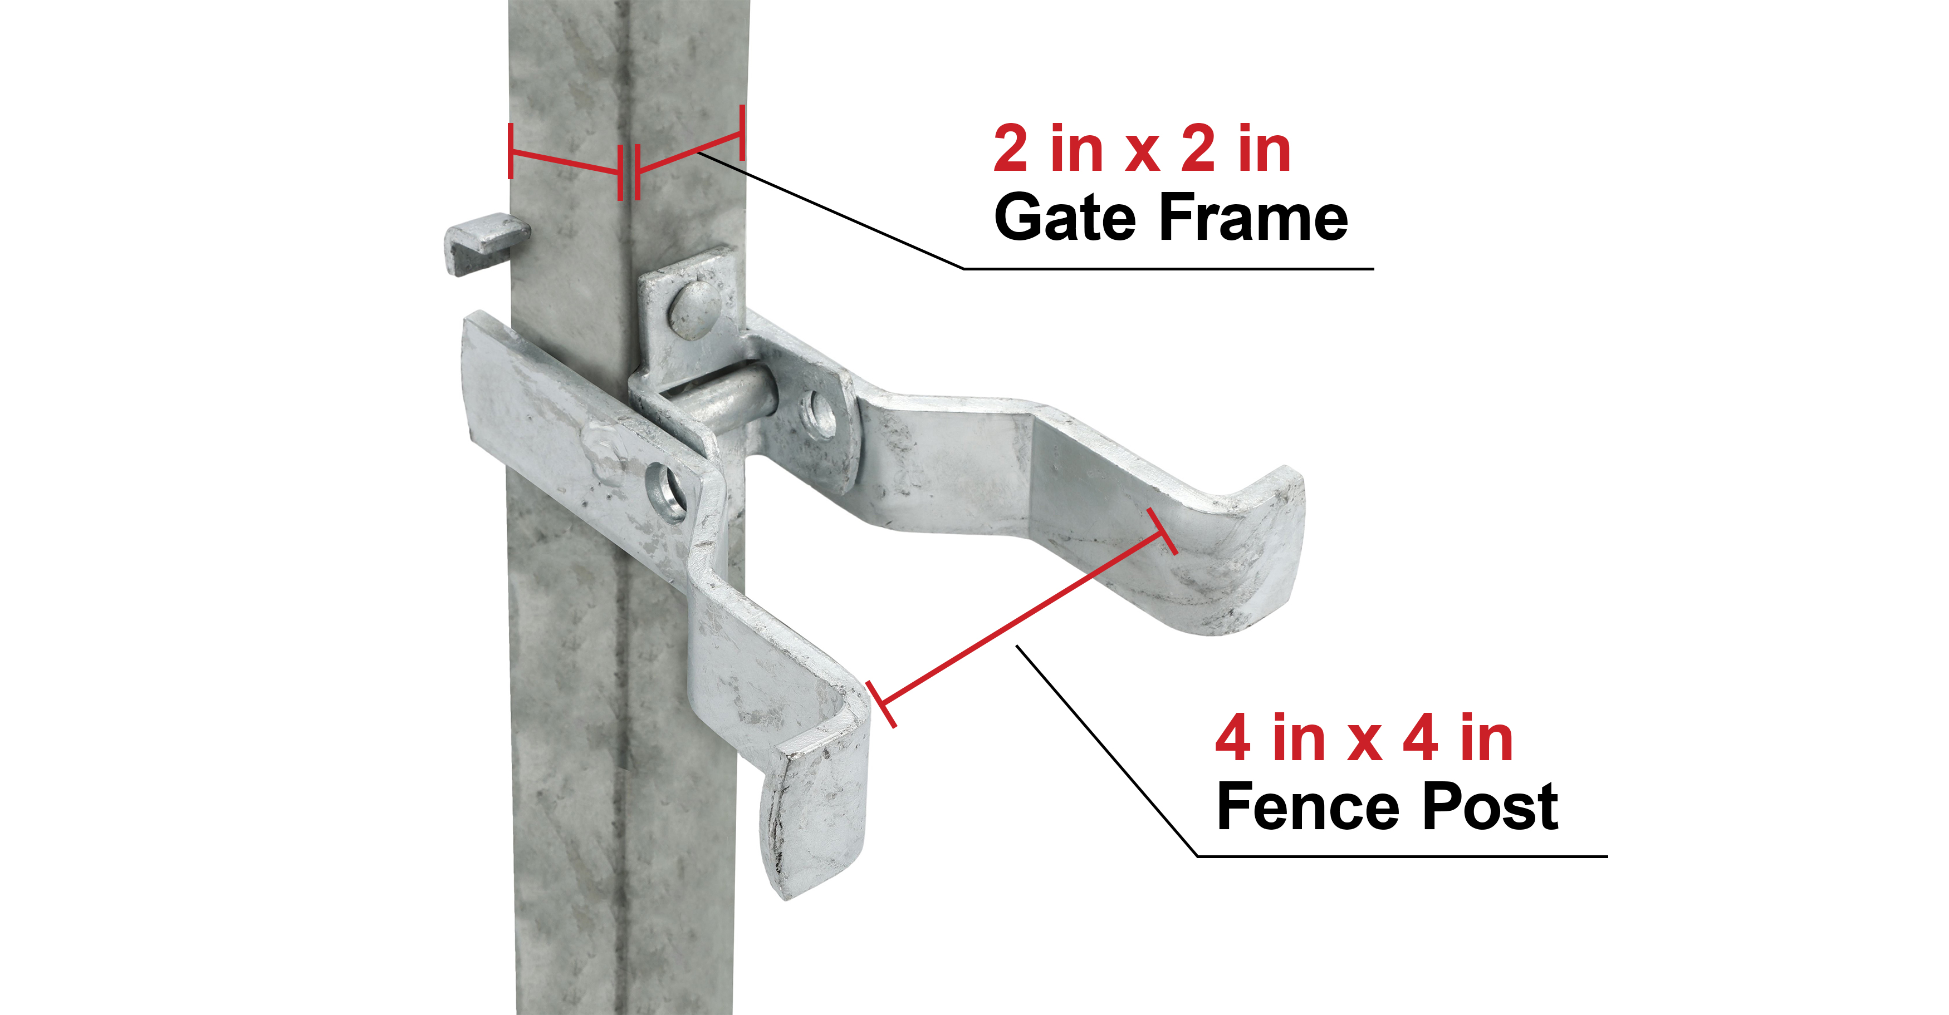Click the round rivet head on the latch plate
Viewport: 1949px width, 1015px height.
click(x=694, y=309)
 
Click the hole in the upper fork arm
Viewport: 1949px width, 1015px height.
click(x=819, y=413)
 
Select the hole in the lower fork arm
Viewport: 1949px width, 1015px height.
click(x=666, y=491)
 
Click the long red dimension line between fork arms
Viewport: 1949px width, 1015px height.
click(x=1021, y=618)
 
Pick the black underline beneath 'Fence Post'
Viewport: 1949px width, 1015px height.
click(x=1402, y=857)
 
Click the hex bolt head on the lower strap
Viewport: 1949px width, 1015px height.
click(x=605, y=451)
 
